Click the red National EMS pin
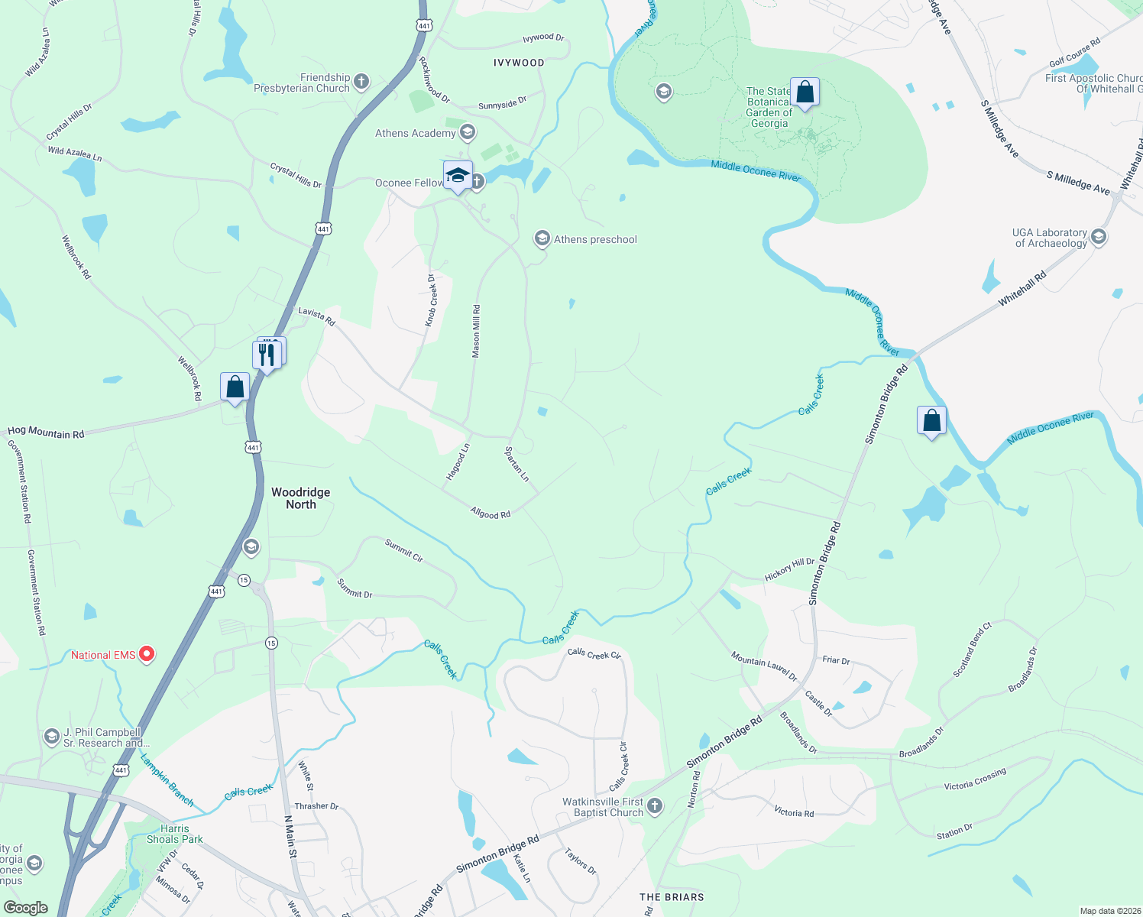pos(147,654)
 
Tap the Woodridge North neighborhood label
pos(301,498)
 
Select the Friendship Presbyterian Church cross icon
pos(361,81)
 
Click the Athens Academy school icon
pos(468,133)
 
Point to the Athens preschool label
pos(595,239)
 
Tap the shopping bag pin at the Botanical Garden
pos(805,93)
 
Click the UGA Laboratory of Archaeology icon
pos(1099,237)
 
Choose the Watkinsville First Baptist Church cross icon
pos(655,805)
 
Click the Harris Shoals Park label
pos(175,834)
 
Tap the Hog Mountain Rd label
pos(46,433)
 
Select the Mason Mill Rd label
pos(476,332)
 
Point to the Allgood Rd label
pos(491,513)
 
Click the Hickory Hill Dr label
pos(789,569)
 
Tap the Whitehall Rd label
pos(1022,290)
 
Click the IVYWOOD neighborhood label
pos(519,63)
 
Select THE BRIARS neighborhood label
pos(672,897)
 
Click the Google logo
pos(26,908)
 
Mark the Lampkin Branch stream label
pos(167,779)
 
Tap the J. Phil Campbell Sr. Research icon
pos(51,737)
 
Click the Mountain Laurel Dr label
pos(763,666)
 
